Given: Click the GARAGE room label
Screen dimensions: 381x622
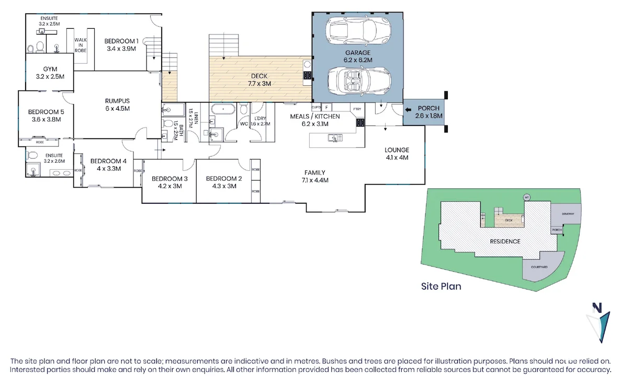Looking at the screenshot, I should coord(358,53).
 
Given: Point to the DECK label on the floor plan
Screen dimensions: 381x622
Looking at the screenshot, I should coord(259,76).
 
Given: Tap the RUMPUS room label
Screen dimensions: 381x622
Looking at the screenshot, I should coord(117,101).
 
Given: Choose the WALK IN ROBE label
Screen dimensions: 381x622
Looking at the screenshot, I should coord(80,46).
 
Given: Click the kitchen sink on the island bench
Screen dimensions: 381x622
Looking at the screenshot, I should coord(333,138).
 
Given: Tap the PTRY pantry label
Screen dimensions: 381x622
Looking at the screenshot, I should coord(357,109).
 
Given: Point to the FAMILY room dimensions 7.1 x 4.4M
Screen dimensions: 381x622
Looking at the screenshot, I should coord(315,180).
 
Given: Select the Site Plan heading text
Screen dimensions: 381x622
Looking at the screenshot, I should coord(441,286).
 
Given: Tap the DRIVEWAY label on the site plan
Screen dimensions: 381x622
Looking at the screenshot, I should coord(568,214).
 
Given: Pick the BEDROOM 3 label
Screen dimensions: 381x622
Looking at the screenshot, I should coord(169,178).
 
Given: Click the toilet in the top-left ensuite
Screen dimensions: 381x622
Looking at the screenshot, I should coord(31,49).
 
